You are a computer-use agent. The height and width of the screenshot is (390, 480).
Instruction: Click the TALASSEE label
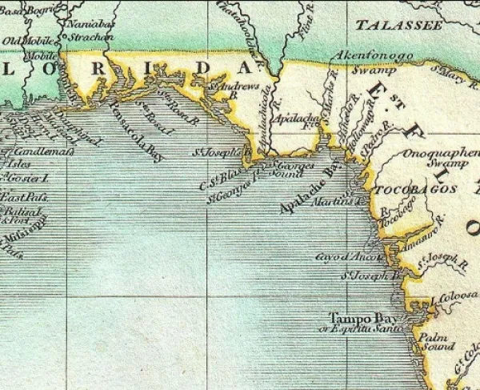[x=399, y=26]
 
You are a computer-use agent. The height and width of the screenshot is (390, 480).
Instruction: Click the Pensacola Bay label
[x=135, y=131]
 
